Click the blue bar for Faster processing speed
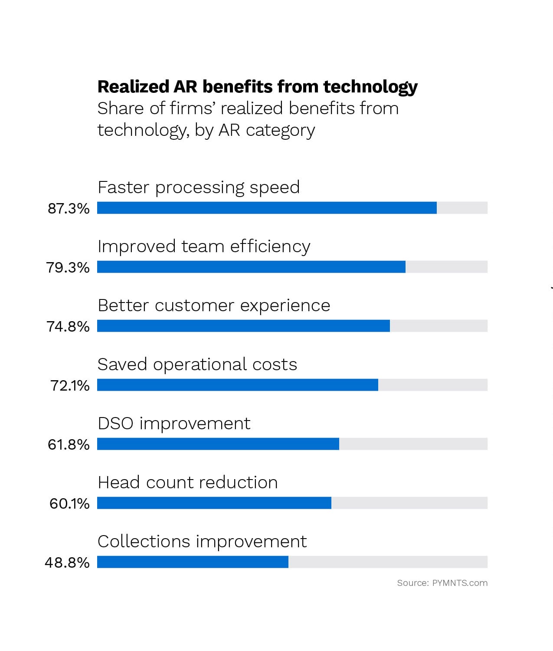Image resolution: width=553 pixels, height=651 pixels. [x=267, y=208]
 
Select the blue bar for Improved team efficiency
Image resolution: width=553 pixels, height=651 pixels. [x=251, y=267]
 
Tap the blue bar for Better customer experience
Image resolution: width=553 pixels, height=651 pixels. [x=243, y=326]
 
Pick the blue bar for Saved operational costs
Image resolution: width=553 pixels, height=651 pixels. [x=238, y=385]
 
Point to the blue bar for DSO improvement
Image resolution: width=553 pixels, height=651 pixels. [x=218, y=444]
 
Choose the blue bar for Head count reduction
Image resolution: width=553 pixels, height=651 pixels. [x=214, y=503]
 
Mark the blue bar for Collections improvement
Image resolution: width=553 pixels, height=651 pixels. [x=193, y=562]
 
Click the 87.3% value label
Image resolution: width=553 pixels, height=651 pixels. [x=69, y=209]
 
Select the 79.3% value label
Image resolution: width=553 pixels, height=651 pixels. [x=68, y=268]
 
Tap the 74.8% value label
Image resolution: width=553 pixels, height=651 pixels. [x=68, y=327]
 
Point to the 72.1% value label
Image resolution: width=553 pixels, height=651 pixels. [x=70, y=386]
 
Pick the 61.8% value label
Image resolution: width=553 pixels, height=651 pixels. [x=69, y=445]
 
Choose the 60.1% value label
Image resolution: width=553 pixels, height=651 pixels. [x=69, y=504]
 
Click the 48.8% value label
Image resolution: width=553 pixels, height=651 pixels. [x=67, y=563]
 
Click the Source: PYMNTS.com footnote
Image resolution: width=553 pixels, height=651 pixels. [x=442, y=583]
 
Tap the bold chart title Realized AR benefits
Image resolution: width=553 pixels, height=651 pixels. [x=257, y=87]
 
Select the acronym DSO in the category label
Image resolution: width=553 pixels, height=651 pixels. [x=115, y=424]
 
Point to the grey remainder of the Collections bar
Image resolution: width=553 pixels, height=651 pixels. [x=388, y=562]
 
